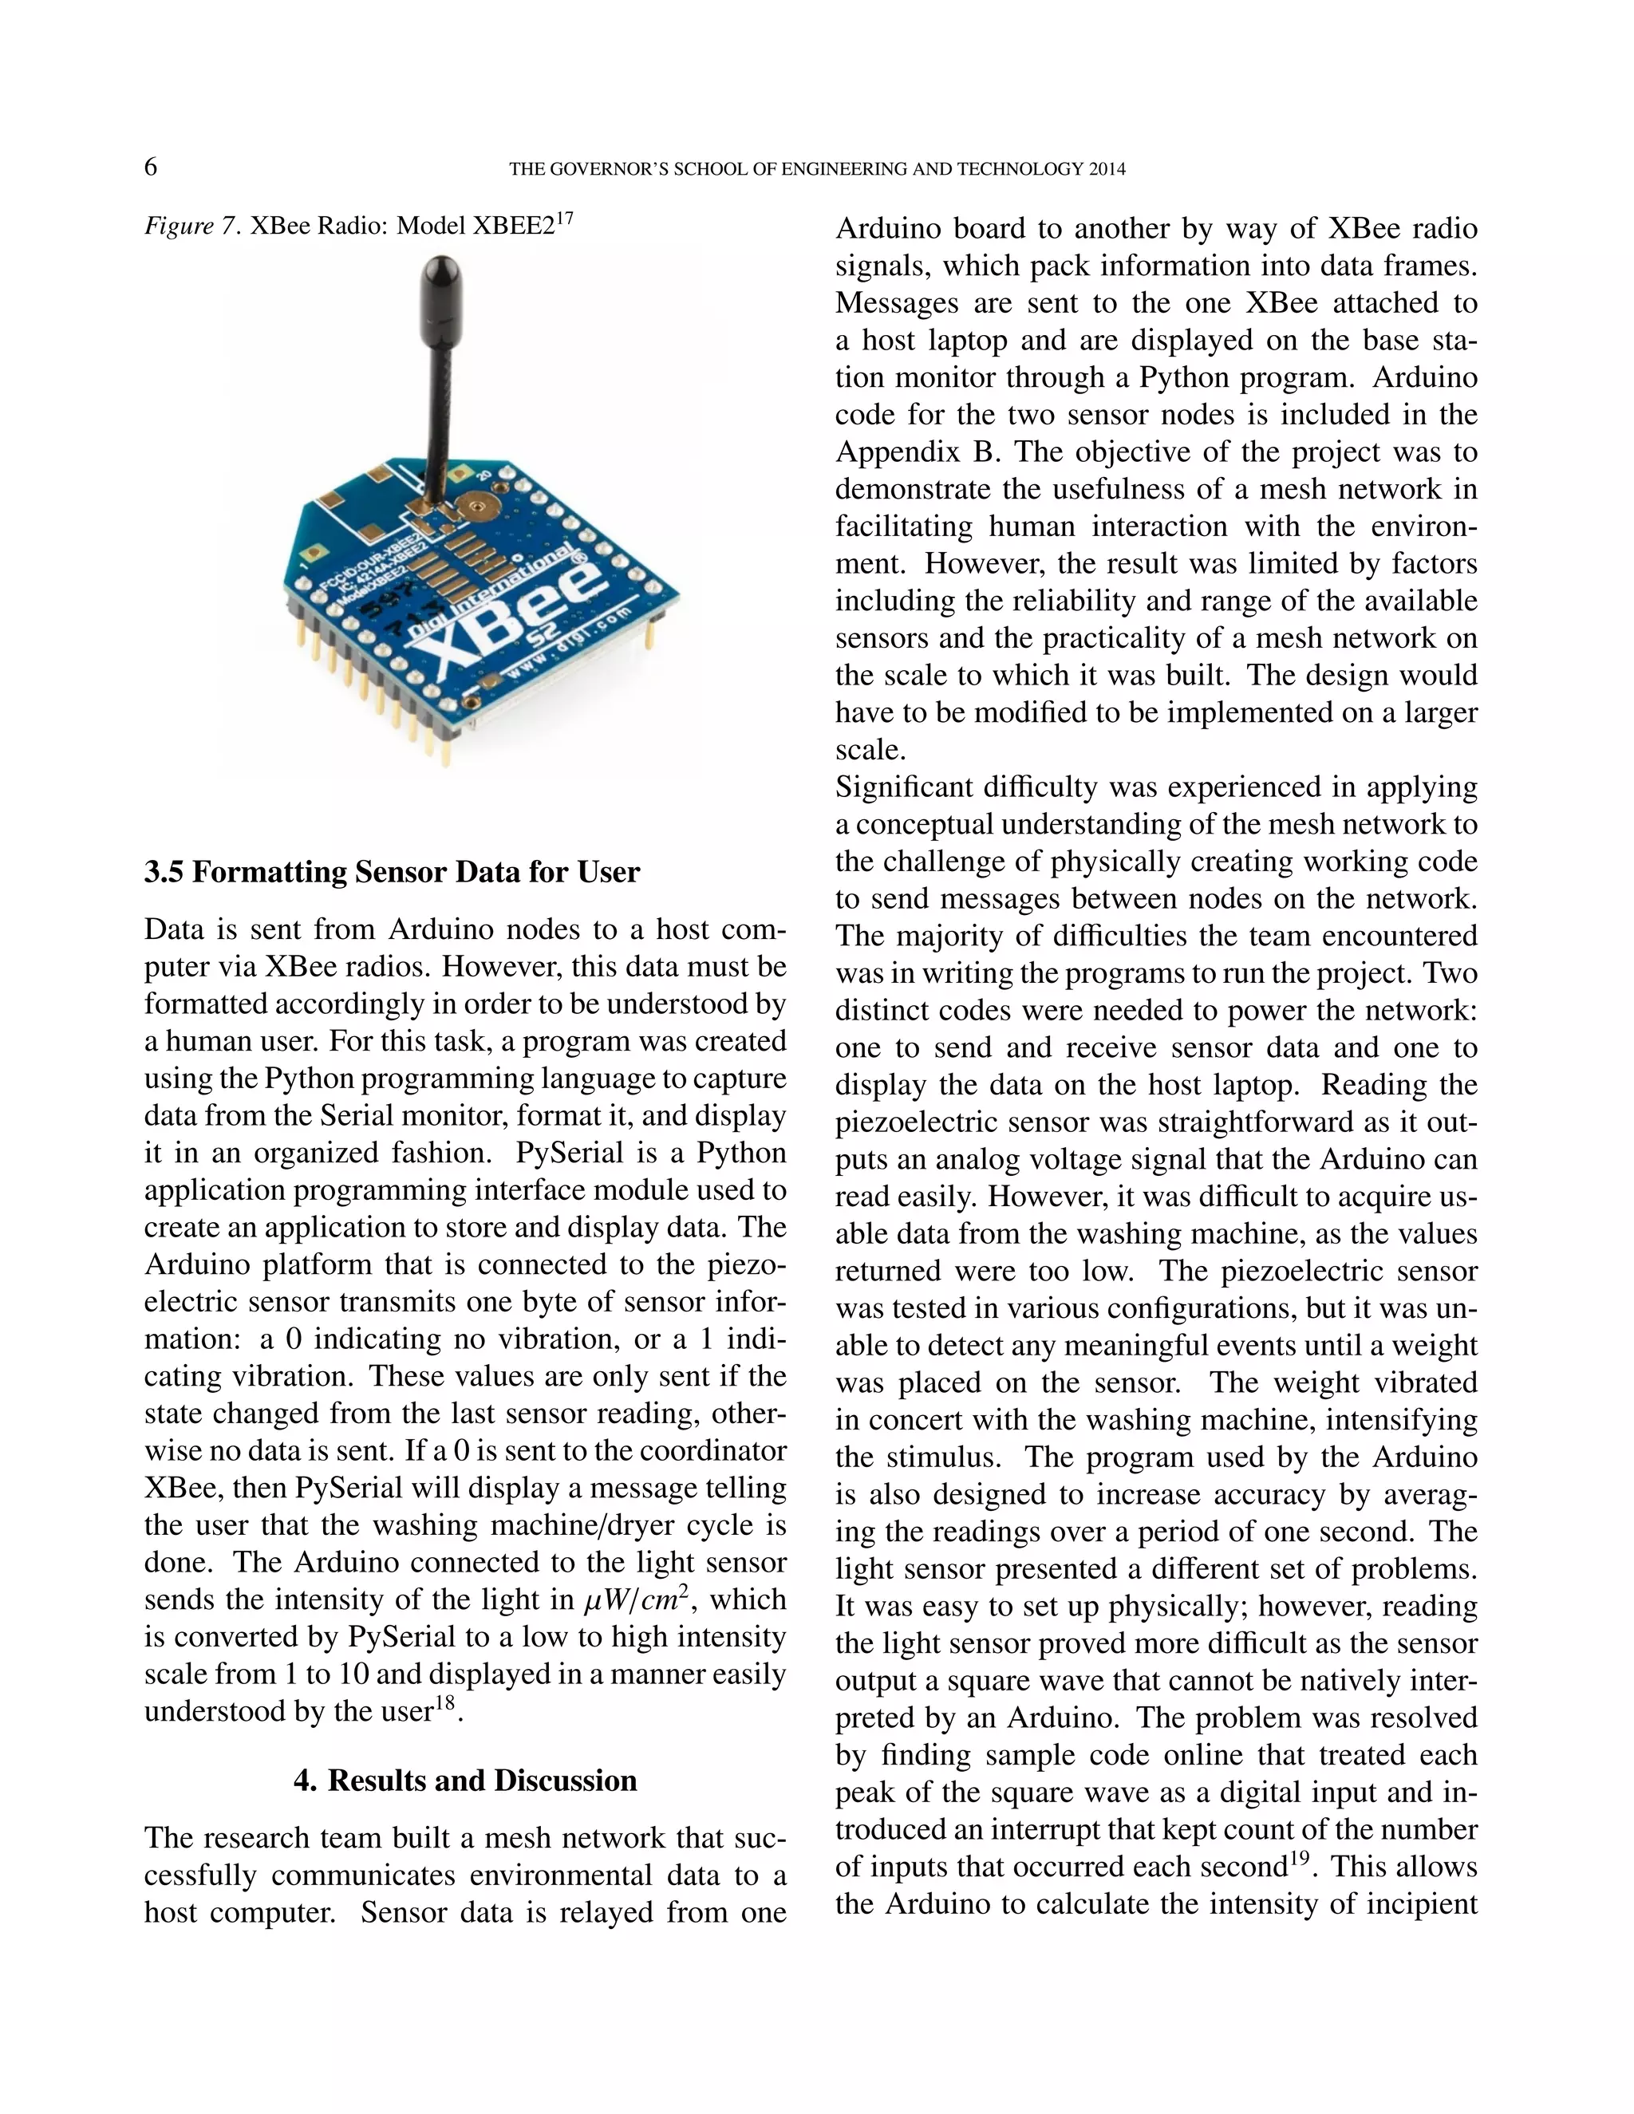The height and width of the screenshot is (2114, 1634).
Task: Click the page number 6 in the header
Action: tap(151, 168)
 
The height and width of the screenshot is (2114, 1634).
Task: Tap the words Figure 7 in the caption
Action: tap(191, 227)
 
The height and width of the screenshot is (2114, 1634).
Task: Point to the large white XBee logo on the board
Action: tap(523, 620)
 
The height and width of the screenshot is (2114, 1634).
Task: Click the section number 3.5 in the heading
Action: tap(164, 872)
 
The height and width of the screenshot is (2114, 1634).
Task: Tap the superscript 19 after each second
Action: tap(1297, 1860)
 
